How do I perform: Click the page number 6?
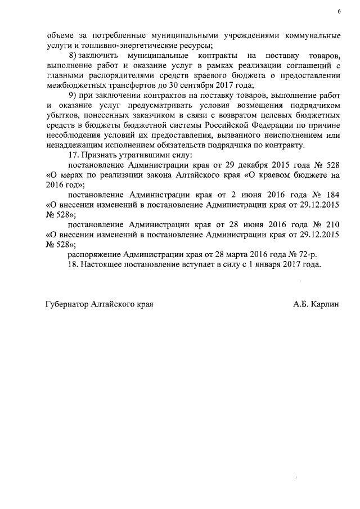339,11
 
